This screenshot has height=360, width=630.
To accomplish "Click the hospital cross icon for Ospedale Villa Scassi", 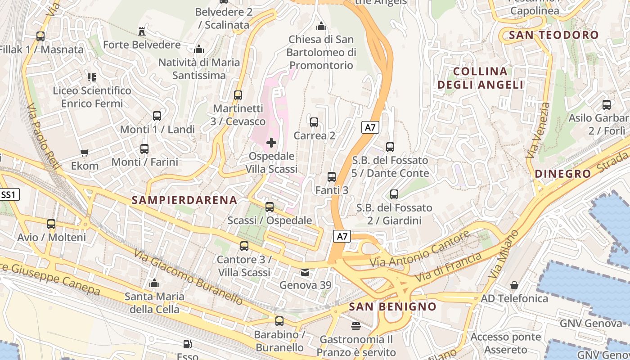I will pos(271,143).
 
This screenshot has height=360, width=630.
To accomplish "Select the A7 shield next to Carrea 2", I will pos(370,127).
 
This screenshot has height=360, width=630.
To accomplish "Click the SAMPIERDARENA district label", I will pos(184,200).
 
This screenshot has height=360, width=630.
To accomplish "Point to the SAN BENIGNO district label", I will pos(392,307).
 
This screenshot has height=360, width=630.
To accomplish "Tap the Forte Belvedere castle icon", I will pos(142,31).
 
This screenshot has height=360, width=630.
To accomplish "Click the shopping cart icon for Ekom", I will pos(84,153).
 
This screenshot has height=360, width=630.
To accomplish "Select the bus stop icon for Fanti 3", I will pos(332,177).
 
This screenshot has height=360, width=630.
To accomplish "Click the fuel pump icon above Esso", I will pos(187,345).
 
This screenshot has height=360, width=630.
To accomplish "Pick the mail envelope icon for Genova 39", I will pos(305,272).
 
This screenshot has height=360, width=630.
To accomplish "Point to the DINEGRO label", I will pos(562,174).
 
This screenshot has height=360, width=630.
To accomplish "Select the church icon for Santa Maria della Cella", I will pos(154,283).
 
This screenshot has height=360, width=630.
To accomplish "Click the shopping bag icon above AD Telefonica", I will pos(514,285).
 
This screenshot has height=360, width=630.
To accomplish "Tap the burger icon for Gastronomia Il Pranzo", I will pos(356,326).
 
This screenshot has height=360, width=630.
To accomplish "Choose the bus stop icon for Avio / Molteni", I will pos(51,224).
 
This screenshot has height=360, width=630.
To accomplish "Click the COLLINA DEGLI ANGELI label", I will pos(480,78).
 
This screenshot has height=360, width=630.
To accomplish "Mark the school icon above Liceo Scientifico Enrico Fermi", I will pos(92,77).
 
